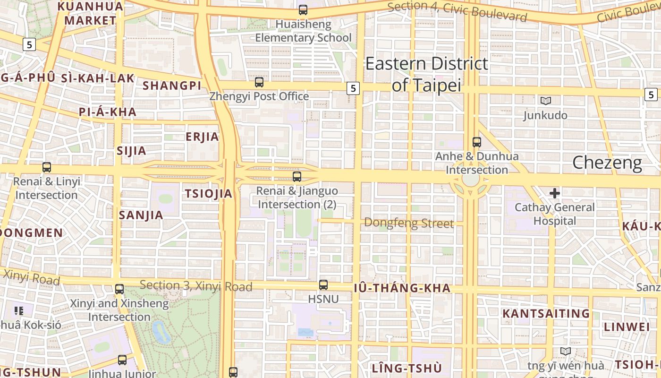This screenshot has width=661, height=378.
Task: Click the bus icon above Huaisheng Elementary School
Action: point(303,9)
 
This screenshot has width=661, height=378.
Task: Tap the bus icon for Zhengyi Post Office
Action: point(259,82)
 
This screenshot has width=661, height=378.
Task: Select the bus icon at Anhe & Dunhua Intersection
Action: point(477,142)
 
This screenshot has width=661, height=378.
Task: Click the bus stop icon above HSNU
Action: point(323,285)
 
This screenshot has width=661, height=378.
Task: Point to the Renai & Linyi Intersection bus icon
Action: point(47,167)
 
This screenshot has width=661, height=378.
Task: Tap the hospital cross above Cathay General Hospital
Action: point(555,193)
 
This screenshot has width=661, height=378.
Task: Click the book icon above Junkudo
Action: point(546,101)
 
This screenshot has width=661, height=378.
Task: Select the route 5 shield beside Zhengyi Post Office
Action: point(353,88)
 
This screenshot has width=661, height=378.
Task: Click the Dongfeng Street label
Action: point(409,223)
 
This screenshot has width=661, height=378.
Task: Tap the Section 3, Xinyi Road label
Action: point(196,286)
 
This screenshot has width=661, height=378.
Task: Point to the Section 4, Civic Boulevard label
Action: point(457,12)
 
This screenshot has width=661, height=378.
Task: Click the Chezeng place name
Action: point(607,163)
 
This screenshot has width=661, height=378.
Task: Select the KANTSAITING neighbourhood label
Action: point(546,313)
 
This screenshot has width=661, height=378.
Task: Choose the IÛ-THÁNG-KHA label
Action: point(402,288)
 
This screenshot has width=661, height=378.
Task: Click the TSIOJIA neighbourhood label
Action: point(208,194)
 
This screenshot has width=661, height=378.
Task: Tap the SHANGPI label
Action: point(172,86)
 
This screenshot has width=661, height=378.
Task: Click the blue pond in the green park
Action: point(161,332)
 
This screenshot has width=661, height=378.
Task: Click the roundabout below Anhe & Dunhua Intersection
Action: point(470,180)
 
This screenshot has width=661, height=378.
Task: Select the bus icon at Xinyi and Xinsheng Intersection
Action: point(119,289)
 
